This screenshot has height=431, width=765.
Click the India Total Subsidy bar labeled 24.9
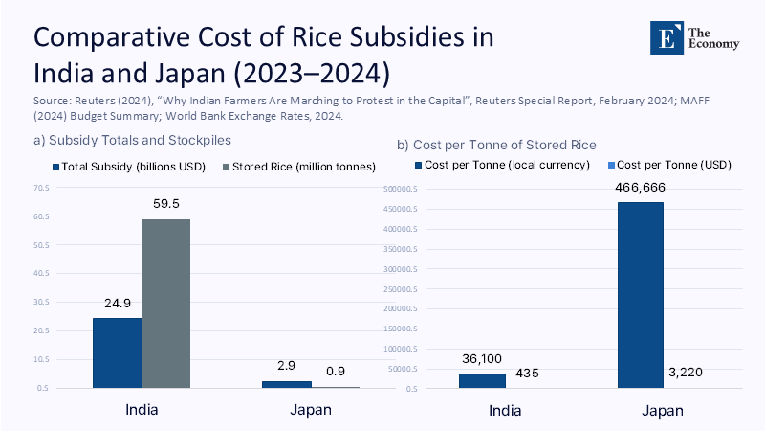(x=117, y=352)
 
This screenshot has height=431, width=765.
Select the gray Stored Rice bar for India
(x=165, y=304)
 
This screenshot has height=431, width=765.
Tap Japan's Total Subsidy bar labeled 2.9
(x=287, y=384)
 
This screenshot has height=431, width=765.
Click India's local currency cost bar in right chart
(x=482, y=380)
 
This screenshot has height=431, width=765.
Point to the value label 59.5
(x=166, y=204)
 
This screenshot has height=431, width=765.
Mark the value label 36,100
(x=483, y=358)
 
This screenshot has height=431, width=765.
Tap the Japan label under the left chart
(x=311, y=410)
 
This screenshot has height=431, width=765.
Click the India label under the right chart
(x=506, y=411)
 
